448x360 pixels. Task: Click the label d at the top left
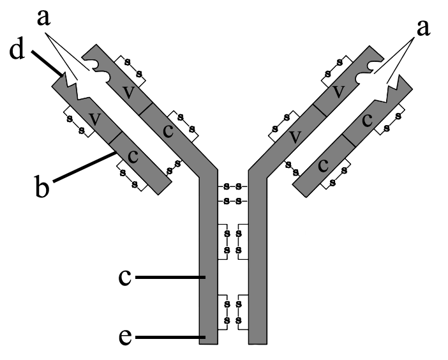pyautogui.click(x=17, y=50)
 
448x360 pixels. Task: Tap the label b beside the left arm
pyautogui.click(x=41, y=187)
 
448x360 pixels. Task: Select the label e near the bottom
pyautogui.click(x=125, y=337)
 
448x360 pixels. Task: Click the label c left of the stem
pyautogui.click(x=125, y=277)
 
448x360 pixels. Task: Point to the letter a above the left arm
pyautogui.click(x=43, y=19)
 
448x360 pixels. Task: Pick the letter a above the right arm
pyautogui.click(x=423, y=29)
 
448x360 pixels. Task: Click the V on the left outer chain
pyautogui.click(x=94, y=119)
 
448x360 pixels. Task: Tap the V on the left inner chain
pyautogui.click(x=128, y=92)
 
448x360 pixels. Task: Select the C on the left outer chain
pyautogui.click(x=133, y=156)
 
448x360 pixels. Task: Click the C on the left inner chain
pyautogui.click(x=168, y=131)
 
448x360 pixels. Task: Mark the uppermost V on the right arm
pyautogui.click(x=339, y=92)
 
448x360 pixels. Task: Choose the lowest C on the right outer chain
pyautogui.click(x=323, y=165)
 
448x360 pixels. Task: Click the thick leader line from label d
pyautogui.click(x=47, y=63)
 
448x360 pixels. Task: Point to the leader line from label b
pyautogui.click(x=85, y=167)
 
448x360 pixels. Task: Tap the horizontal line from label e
pyautogui.click(x=170, y=338)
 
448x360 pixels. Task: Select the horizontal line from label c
pyautogui.click(x=170, y=277)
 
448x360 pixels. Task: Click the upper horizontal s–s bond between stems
pyautogui.click(x=232, y=186)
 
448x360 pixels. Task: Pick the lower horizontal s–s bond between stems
pyautogui.click(x=232, y=202)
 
